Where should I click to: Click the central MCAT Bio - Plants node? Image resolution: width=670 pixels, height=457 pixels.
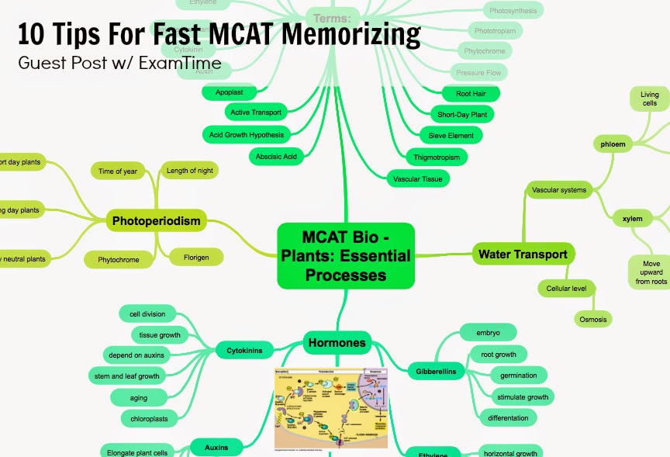346,254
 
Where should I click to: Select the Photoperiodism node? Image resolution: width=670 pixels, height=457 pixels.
156,221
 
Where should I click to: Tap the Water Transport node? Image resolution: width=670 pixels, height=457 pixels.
523,254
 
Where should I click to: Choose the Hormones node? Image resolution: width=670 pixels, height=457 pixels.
337,341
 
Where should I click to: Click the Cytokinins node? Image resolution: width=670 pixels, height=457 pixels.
244,351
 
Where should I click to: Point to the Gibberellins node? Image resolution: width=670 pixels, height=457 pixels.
435,372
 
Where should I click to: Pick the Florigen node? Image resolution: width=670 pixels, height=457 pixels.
195,257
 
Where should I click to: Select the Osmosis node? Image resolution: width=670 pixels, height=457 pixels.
592,319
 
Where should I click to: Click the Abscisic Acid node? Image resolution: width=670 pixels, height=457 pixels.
276,156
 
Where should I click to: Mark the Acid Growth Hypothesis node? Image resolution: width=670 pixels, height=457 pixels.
247,134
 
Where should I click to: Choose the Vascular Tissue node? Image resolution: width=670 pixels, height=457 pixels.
418,178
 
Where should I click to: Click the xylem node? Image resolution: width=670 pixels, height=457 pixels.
632,219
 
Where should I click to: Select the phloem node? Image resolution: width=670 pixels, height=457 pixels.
613,144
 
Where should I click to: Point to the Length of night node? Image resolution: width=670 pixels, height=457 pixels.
188,171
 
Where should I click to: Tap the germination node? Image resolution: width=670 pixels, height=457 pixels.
518,376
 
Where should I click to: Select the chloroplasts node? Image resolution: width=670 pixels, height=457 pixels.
145,419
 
